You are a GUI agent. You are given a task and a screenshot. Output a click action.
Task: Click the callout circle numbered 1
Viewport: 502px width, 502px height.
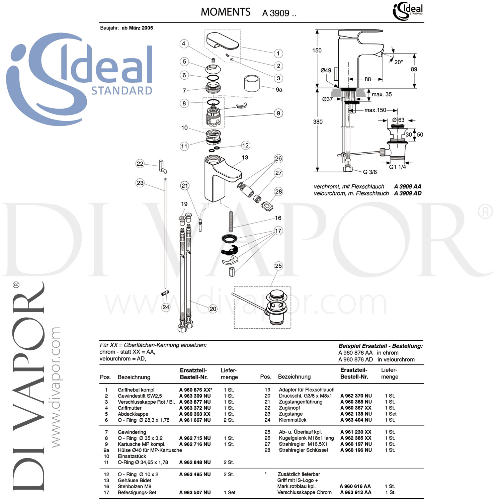[278, 53]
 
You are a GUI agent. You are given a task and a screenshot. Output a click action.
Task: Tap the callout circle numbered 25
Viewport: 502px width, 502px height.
[278, 266]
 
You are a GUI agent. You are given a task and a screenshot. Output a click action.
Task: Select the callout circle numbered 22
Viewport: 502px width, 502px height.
[140, 164]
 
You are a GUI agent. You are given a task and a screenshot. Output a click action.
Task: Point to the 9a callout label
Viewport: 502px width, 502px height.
[279, 90]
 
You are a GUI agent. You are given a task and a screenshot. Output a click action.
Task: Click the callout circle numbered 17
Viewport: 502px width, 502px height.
[278, 231]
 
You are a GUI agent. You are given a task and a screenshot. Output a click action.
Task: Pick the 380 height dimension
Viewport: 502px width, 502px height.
[318, 122]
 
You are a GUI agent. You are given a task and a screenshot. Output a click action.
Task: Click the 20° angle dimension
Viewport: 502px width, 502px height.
[398, 62]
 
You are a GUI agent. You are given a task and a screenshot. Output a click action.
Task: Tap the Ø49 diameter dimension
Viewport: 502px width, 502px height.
[326, 70]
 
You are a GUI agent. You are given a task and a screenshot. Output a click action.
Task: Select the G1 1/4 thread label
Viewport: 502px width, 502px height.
[397, 167]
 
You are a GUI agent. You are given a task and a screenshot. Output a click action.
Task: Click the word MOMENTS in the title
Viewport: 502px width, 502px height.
[226, 12]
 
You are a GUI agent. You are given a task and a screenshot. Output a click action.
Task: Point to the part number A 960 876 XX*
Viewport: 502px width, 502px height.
[196, 390]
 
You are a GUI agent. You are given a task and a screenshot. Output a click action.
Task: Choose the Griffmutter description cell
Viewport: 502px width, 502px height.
[130, 408]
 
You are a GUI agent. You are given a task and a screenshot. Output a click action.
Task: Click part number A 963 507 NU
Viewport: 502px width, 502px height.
[195, 492]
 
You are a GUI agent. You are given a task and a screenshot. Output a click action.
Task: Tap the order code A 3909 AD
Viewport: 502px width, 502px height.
[408, 193]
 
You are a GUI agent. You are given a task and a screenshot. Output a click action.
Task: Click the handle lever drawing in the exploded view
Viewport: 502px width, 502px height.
[222, 41]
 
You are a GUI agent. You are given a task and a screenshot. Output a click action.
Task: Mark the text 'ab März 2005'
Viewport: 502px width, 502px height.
[137, 28]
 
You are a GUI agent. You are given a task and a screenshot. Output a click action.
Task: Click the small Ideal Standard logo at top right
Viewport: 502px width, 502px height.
[408, 12]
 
